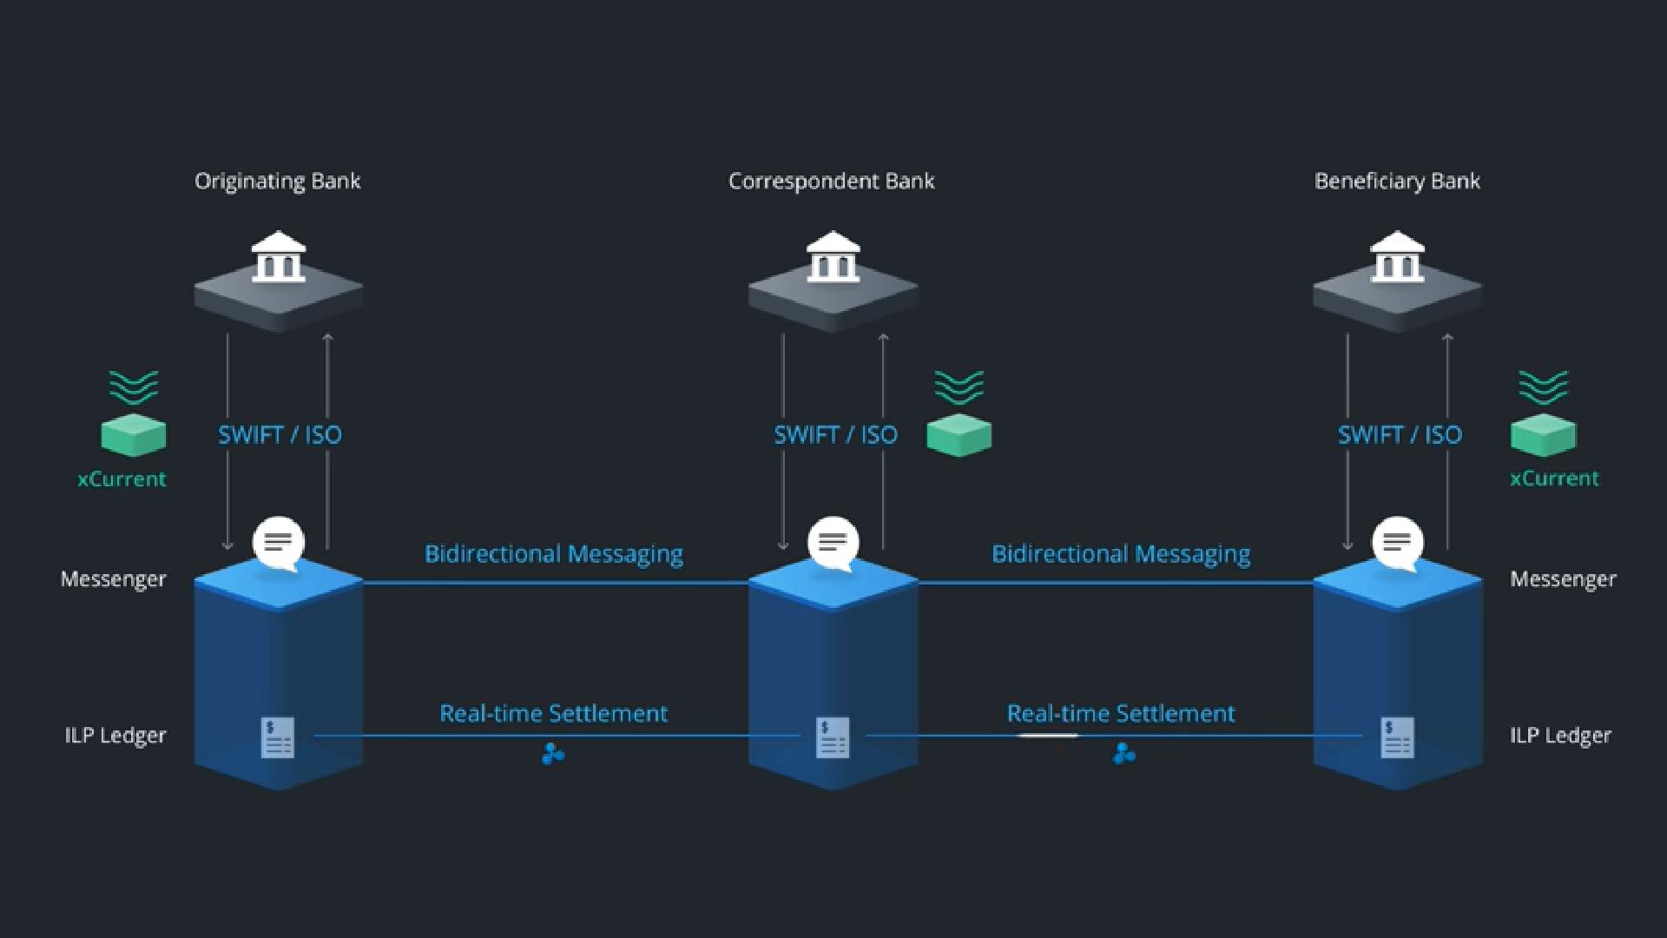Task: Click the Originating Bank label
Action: pyautogui.click(x=277, y=181)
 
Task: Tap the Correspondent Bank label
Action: pyautogui.click(x=831, y=181)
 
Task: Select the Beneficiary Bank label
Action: pyautogui.click(x=1397, y=181)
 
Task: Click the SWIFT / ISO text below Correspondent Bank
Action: pyautogui.click(x=835, y=434)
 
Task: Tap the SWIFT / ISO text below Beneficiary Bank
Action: pyautogui.click(x=1400, y=434)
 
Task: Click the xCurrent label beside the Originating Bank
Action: pyautogui.click(x=122, y=479)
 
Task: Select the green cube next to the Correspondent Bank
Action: pyautogui.click(x=959, y=435)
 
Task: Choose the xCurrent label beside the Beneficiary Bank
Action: pyautogui.click(x=1554, y=478)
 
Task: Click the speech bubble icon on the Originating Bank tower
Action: pyautogui.click(x=279, y=544)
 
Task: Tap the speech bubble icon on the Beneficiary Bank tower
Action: pyautogui.click(x=1398, y=544)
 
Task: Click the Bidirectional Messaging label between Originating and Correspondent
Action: pyautogui.click(x=553, y=554)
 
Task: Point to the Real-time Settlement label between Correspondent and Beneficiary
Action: pyautogui.click(x=1120, y=713)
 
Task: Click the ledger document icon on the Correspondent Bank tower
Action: pyautogui.click(x=833, y=737)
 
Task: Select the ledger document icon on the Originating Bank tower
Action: pyautogui.click(x=278, y=737)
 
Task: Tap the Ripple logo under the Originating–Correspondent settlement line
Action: pyautogui.click(x=553, y=754)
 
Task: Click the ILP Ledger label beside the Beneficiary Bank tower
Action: pyautogui.click(x=1560, y=736)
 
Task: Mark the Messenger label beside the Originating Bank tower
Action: pyautogui.click(x=113, y=579)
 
